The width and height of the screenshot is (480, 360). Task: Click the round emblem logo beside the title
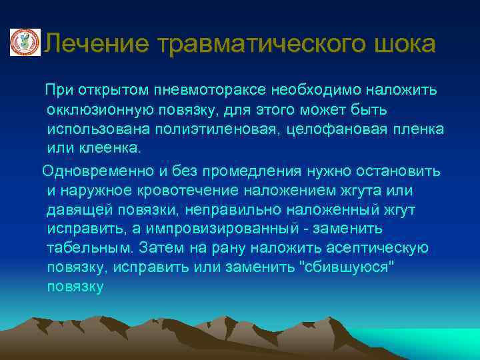[x=25, y=43]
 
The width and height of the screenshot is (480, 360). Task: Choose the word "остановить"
[x=404, y=171]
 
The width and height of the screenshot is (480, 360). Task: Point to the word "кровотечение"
[x=176, y=191]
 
